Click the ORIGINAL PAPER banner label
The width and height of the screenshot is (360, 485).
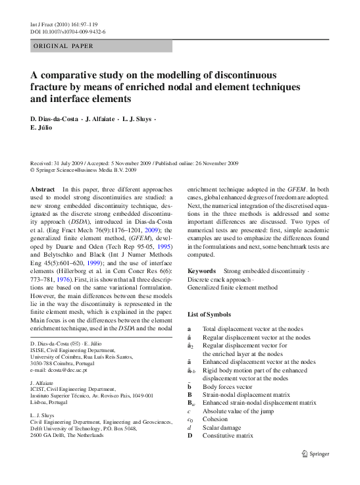(63, 46)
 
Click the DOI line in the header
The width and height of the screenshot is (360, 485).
(68, 31)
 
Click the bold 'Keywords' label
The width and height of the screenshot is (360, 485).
(201, 271)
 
